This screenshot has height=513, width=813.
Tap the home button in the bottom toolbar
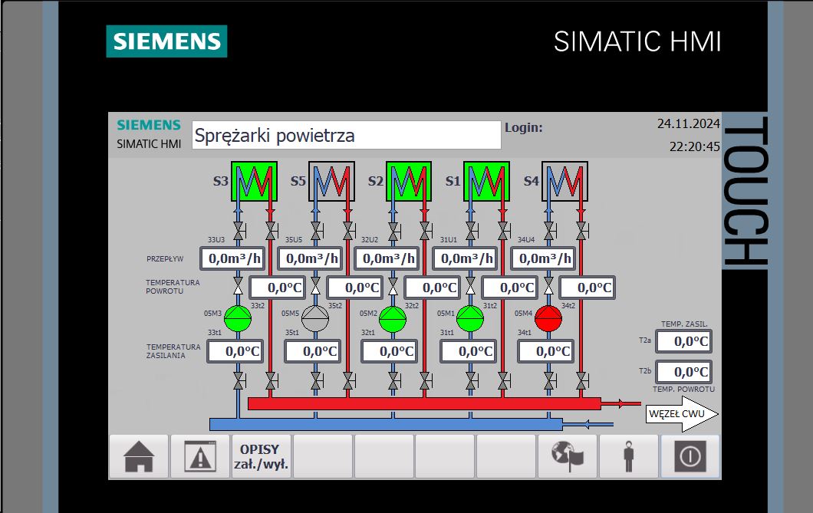(x=138, y=456)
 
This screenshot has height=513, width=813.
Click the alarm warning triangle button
(x=200, y=456)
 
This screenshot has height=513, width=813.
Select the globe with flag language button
(x=568, y=456)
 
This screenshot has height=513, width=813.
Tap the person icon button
(x=628, y=456)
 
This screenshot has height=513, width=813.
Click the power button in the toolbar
(x=690, y=456)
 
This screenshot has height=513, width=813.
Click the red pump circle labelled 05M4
(x=548, y=318)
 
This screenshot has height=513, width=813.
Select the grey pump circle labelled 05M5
(x=315, y=318)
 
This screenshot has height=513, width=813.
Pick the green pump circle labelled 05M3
(x=238, y=318)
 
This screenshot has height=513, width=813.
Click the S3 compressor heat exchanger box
(x=254, y=182)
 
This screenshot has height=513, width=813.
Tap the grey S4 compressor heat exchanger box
(x=564, y=182)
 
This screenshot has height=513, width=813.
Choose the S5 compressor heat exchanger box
(x=332, y=182)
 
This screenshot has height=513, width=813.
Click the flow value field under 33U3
(x=232, y=258)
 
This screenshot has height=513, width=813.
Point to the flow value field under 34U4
(x=543, y=258)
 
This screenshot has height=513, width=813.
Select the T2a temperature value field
(x=684, y=341)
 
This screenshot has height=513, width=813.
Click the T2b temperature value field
(x=684, y=372)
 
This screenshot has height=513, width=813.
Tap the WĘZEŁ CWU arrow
(x=682, y=414)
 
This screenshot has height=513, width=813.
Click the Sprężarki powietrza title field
(x=347, y=135)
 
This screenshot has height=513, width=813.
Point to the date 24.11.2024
(x=688, y=123)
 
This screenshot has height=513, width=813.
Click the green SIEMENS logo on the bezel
(x=166, y=41)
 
